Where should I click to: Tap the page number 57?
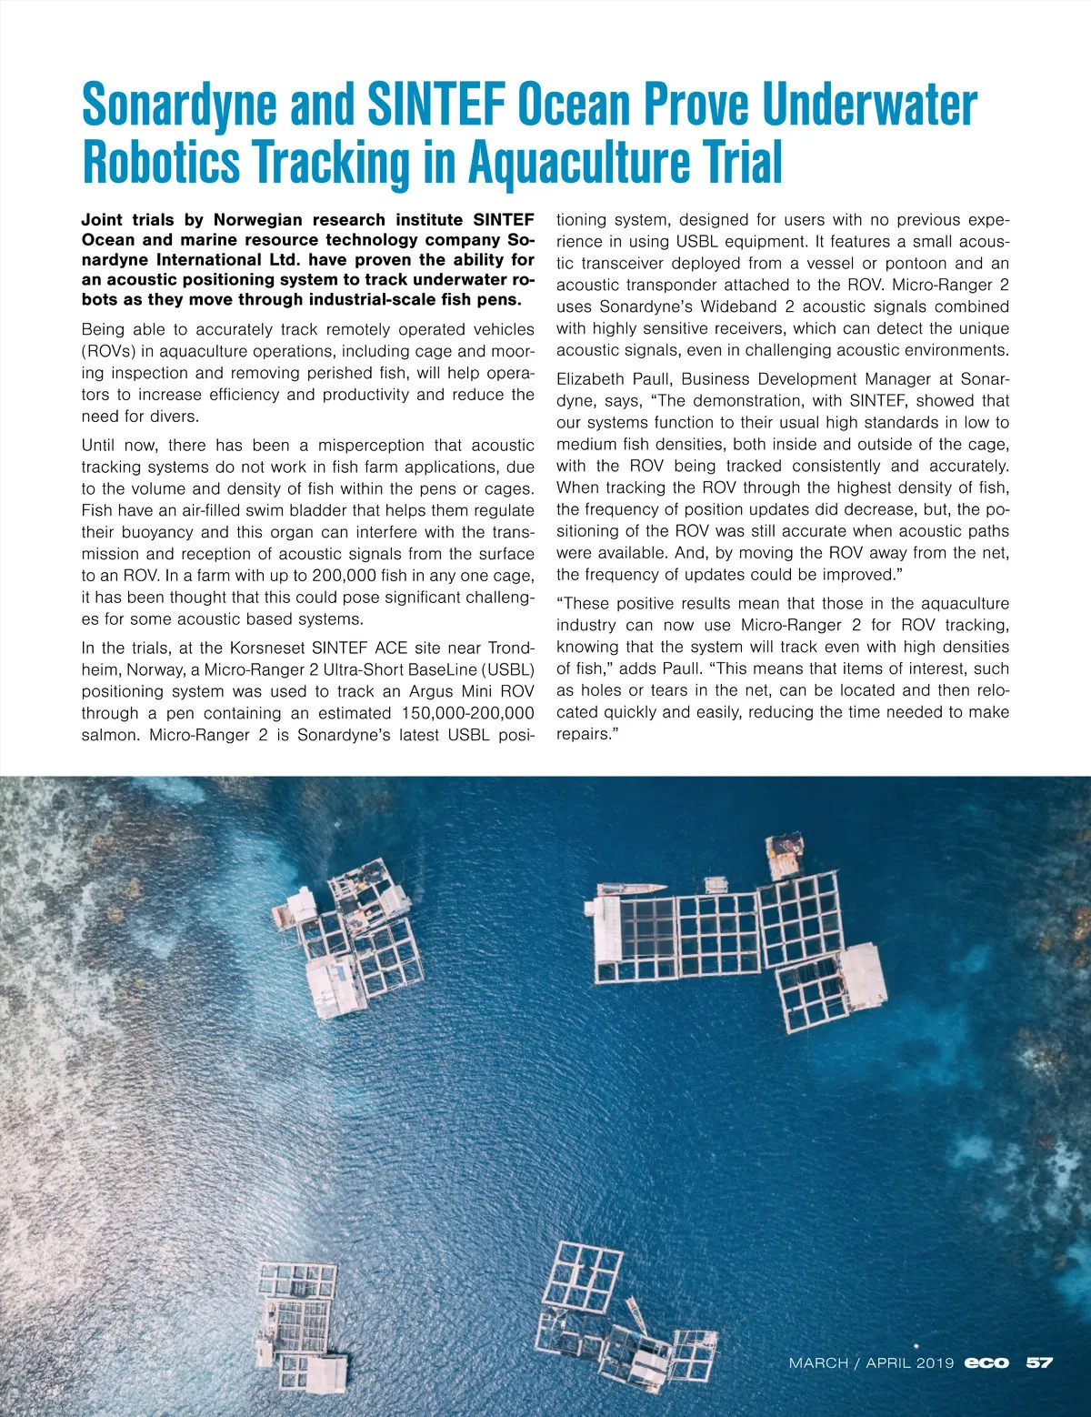(1039, 1362)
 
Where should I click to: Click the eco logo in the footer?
(986, 1362)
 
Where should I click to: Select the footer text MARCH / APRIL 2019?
(871, 1362)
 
